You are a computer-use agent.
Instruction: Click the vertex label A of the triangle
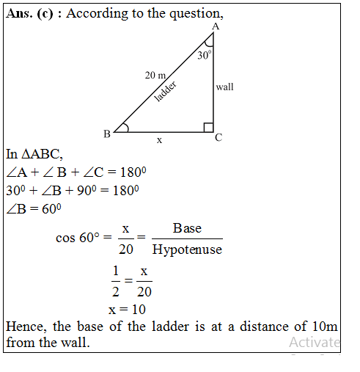215,27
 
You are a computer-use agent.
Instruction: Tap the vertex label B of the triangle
106,134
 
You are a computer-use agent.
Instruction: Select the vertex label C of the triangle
218,137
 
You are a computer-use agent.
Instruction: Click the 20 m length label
156,76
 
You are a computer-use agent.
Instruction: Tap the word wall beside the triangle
224,87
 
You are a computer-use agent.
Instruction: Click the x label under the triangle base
159,139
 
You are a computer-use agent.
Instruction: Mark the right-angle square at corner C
208,128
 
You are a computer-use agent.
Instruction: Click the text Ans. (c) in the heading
34,14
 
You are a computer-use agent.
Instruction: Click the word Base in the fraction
186,229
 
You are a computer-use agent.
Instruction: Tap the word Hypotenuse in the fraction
186,249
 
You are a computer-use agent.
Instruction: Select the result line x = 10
126,310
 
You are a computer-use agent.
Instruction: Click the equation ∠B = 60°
33,208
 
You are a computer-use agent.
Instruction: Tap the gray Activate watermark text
314,342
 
